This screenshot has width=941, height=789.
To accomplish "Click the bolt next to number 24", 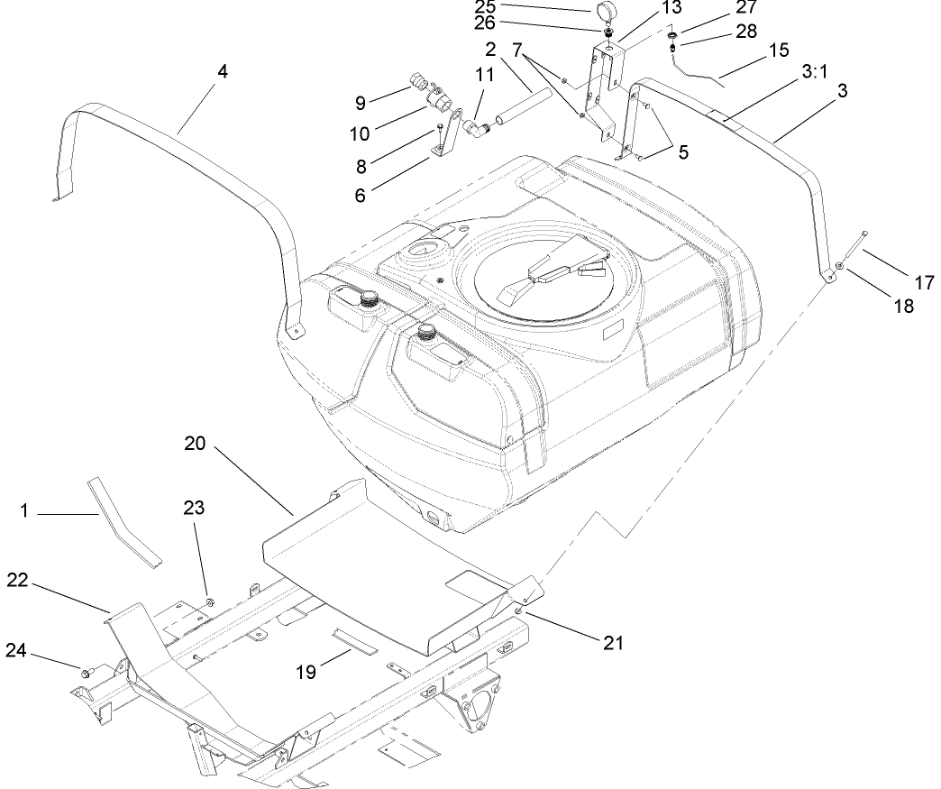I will [89, 672].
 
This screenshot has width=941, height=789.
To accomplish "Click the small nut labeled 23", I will [209, 601].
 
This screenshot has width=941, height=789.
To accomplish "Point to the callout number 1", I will [25, 510].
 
